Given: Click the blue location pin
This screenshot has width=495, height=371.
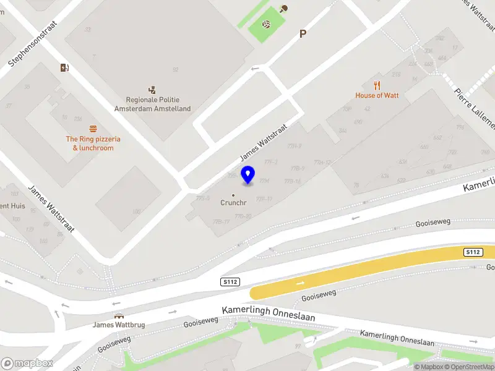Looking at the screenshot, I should click(x=247, y=174).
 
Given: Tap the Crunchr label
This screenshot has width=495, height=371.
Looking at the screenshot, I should click(x=233, y=203).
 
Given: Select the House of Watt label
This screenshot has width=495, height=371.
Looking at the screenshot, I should click(x=377, y=95).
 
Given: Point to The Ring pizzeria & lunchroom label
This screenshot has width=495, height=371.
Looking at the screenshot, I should click(x=93, y=143).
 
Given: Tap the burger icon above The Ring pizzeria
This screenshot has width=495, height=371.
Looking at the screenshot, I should click(x=93, y=129).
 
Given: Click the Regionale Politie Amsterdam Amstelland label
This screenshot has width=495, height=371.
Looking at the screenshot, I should click(x=152, y=104).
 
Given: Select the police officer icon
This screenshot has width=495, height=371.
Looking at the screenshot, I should click(x=152, y=90).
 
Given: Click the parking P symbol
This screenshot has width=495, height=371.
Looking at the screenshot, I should click(x=303, y=34).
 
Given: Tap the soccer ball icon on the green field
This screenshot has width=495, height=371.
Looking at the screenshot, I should click(x=266, y=25).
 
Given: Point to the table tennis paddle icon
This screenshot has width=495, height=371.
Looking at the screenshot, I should click(x=283, y=9).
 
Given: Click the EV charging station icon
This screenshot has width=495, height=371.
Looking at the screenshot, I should click(x=64, y=68).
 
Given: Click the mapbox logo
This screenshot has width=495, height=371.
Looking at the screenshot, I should click(x=27, y=364).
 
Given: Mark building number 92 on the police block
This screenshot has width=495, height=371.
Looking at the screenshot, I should click(x=176, y=69).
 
